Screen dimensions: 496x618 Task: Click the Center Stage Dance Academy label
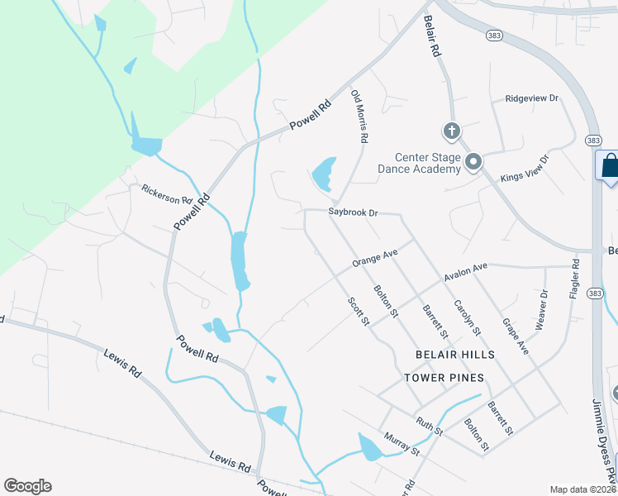click(426, 163)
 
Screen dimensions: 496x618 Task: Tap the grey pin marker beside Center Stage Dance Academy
click(473, 162)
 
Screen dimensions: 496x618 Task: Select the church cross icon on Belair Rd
click(451, 131)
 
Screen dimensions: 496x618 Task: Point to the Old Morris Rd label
click(359, 117)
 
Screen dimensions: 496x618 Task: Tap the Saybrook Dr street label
click(353, 212)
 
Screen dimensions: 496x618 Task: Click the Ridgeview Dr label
click(532, 98)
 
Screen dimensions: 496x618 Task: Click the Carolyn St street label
click(467, 317)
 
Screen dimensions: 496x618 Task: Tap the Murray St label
click(402, 443)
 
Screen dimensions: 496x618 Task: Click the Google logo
click(27, 486)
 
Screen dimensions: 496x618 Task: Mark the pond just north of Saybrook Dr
click(324, 173)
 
